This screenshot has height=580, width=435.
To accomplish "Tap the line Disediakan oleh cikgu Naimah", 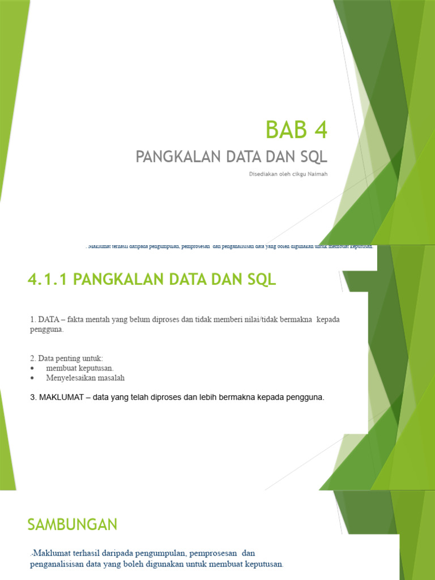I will click(x=288, y=174).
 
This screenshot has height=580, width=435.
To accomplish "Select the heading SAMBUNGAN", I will click(x=72, y=524).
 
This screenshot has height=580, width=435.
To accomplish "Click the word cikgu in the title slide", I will click(x=297, y=174).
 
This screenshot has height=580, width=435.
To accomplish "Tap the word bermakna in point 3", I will click(x=244, y=397).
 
